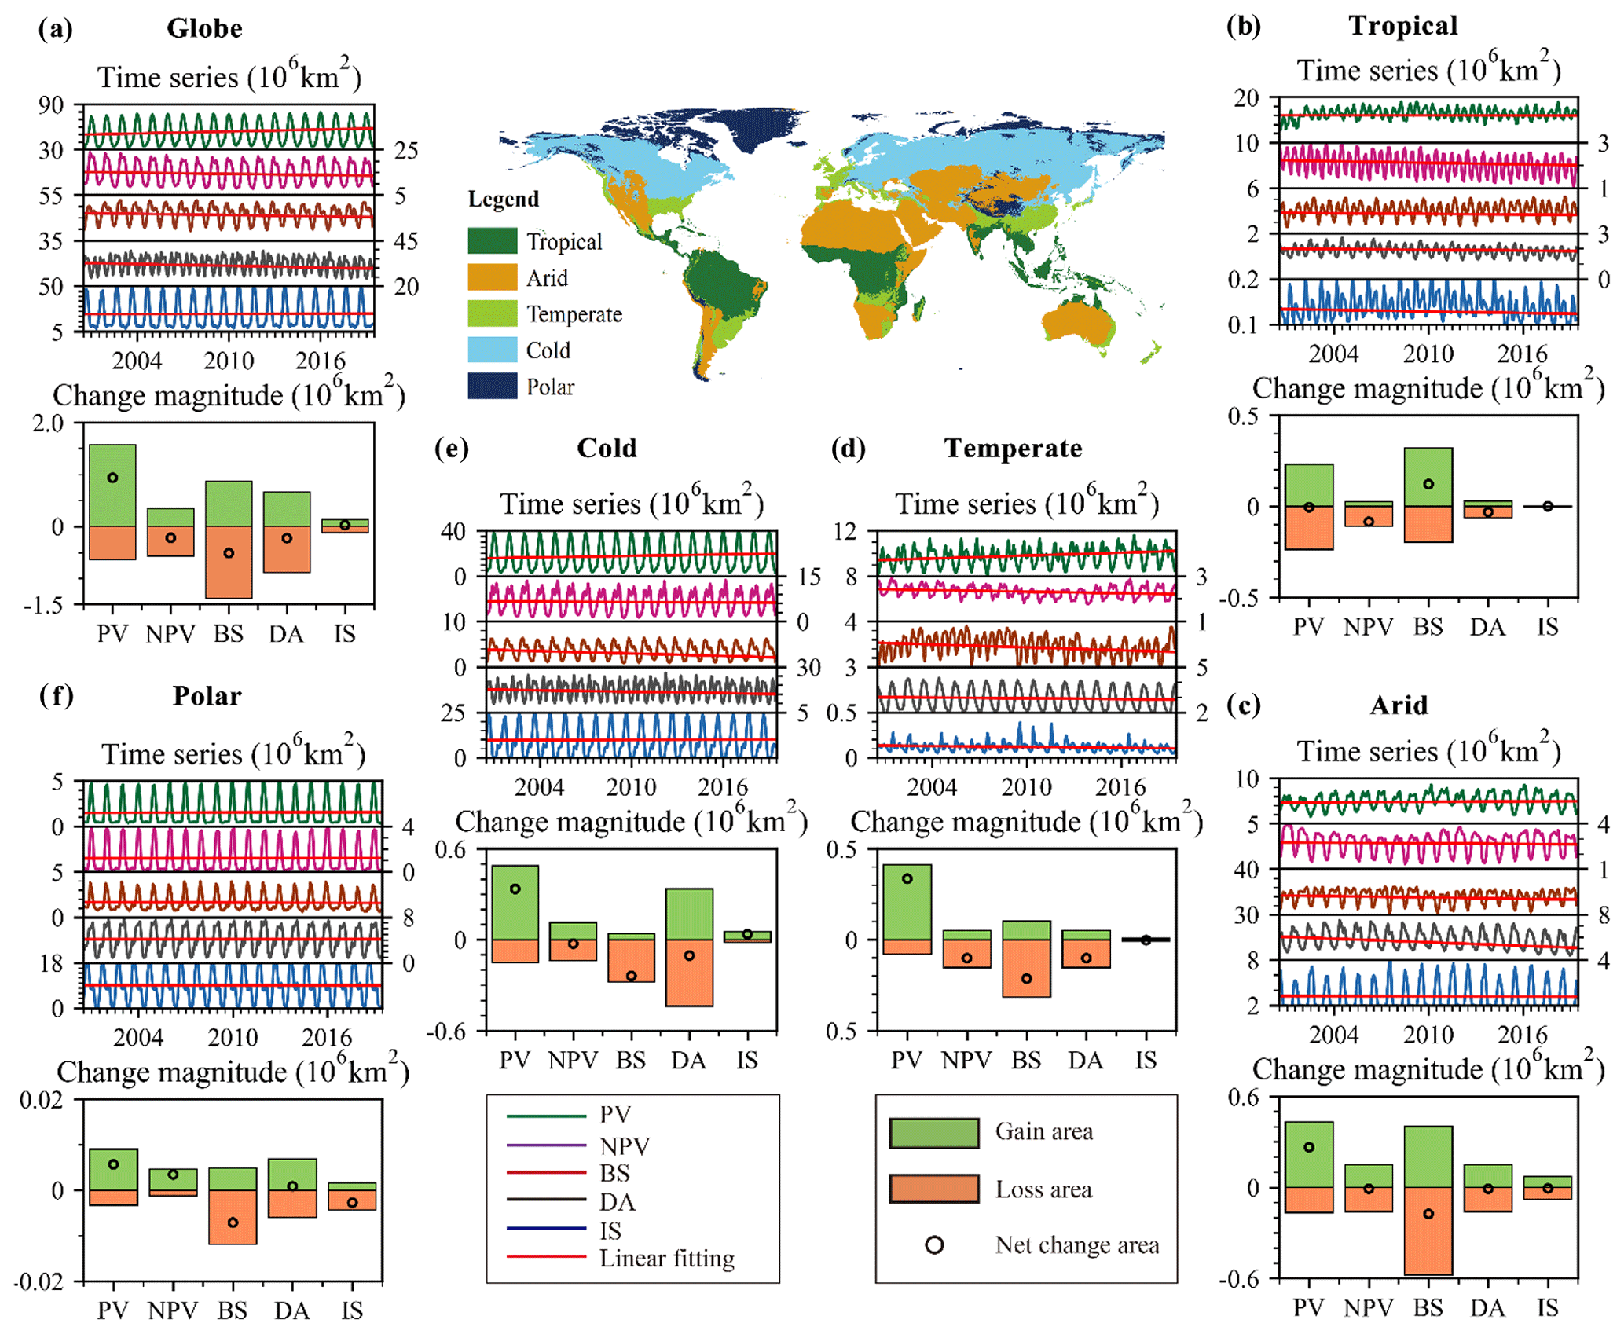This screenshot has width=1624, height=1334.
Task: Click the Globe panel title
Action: click(x=204, y=28)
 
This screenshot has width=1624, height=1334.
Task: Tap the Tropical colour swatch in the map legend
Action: click(x=492, y=240)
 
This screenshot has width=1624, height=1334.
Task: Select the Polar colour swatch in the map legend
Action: click(x=492, y=386)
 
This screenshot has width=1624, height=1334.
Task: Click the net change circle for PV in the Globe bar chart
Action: click(x=112, y=478)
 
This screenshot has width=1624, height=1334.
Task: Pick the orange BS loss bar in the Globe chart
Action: click(x=229, y=562)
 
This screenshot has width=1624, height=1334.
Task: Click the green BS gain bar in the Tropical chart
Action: click(x=1428, y=476)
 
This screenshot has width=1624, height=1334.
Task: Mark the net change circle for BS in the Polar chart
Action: click(x=233, y=1222)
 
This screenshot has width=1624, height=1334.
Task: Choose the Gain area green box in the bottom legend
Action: click(x=933, y=1133)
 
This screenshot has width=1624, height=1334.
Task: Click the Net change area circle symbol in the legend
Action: click(x=934, y=1245)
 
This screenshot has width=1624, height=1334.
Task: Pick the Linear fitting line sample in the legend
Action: click(x=546, y=1257)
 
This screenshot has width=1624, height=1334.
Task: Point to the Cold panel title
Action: click(x=607, y=448)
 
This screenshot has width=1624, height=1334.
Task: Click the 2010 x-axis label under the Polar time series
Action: click(x=233, y=1037)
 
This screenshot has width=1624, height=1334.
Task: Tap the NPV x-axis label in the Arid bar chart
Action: click(x=1368, y=1308)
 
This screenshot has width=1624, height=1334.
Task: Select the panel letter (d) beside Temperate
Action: click(x=849, y=449)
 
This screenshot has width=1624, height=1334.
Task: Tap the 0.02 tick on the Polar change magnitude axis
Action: click(x=42, y=1100)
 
